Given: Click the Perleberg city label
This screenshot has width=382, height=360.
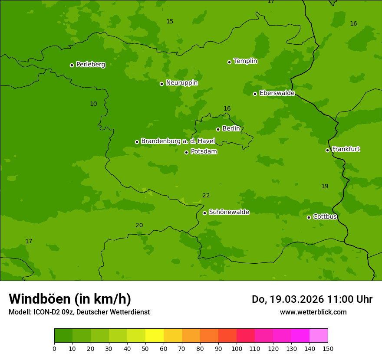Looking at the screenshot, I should (x=90, y=65).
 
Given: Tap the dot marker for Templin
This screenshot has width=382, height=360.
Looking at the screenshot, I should (x=229, y=62).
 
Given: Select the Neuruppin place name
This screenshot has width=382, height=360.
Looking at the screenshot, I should (x=181, y=83).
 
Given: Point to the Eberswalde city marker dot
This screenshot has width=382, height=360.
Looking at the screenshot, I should (x=255, y=94).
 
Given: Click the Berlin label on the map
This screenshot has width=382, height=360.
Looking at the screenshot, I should (x=231, y=128).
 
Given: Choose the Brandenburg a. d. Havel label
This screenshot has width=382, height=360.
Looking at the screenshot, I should (x=178, y=141).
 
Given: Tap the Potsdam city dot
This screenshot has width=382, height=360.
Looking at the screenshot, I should (x=186, y=152).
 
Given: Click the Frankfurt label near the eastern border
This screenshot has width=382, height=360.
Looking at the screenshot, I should (x=346, y=149).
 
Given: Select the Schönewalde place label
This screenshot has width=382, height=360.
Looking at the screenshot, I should (x=229, y=212).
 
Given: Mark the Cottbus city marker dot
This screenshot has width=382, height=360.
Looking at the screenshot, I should (x=309, y=217).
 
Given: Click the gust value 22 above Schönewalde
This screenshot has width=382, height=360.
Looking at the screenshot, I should (x=206, y=196).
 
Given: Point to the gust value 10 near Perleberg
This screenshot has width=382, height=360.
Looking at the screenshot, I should (x=93, y=104).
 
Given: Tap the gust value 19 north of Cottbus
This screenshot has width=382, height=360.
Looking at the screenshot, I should (x=325, y=187).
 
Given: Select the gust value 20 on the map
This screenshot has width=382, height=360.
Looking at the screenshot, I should (x=139, y=226).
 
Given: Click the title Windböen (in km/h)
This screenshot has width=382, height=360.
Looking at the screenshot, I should (x=70, y=299).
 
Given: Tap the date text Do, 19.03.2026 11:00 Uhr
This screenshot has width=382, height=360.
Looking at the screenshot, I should (x=312, y=299).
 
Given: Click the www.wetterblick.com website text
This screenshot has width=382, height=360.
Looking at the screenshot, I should (x=313, y=312).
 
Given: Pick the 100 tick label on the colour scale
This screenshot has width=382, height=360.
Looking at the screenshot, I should (x=237, y=349).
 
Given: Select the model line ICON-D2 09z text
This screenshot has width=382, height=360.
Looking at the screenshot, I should (x=79, y=312).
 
